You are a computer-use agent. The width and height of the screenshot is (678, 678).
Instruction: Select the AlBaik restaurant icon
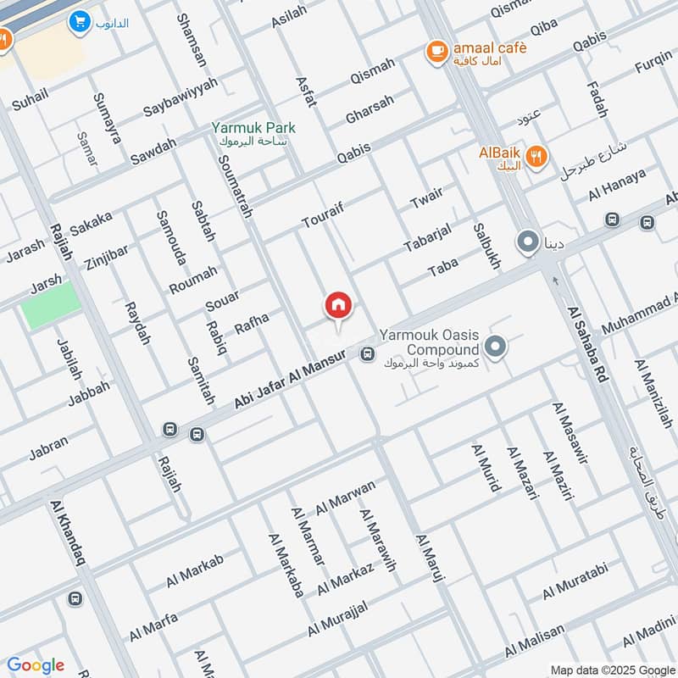tap(536, 156)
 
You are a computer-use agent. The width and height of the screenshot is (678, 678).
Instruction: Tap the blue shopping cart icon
tap(81, 22)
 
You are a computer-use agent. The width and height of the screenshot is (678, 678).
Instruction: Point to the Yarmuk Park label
tap(253, 129)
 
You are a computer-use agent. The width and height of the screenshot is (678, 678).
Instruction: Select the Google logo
tap(36, 665)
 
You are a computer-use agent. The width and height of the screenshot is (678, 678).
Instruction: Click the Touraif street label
tap(325, 215)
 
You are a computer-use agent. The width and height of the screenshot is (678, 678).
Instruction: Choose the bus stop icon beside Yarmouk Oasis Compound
tap(367, 354)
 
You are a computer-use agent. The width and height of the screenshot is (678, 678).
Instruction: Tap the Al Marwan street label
tap(345, 497)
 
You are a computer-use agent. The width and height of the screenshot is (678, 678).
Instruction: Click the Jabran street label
tap(48, 448)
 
